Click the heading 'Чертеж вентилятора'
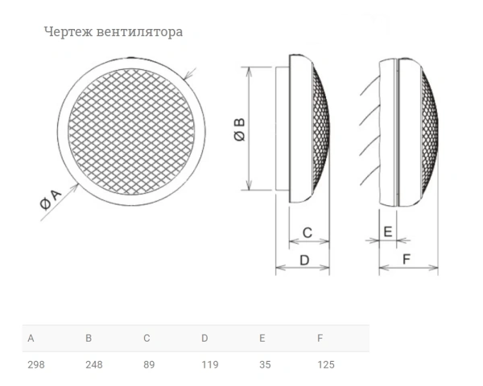click(113, 32)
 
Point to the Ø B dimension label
click(239, 130)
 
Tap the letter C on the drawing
click(307, 233)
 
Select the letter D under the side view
click(304, 260)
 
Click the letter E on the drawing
click(387, 232)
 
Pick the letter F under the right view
click(407, 259)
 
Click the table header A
click(31, 338)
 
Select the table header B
click(89, 338)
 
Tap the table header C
click(147, 338)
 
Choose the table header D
click(204, 338)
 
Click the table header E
click(262, 338)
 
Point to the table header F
click(320, 338)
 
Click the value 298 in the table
click(35, 364)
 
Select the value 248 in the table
click(93, 364)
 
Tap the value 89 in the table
click(149, 364)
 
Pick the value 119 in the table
click(209, 364)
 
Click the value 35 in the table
click(265, 364)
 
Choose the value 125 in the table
click(325, 364)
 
